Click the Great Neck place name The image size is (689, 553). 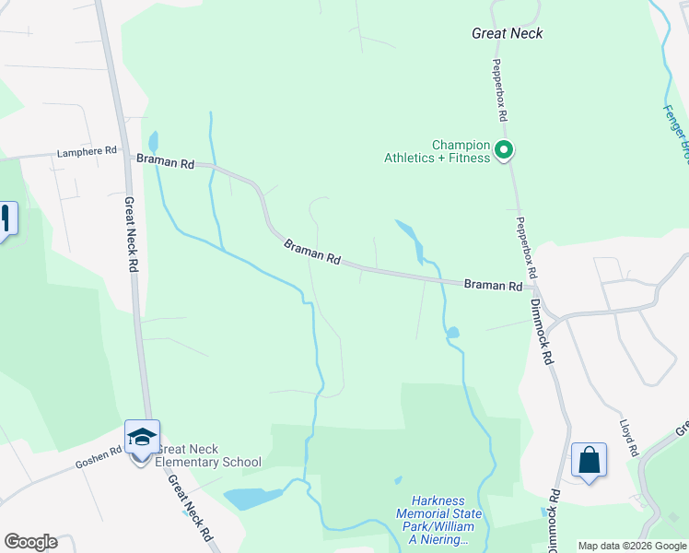[507, 33]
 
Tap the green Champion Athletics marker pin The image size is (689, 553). [504, 149]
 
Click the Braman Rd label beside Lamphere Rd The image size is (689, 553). [166, 162]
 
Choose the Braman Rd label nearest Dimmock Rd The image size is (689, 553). [493, 286]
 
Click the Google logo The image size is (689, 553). [30, 542]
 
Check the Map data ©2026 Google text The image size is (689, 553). [633, 546]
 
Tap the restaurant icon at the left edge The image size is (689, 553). [6, 219]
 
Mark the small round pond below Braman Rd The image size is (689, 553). [452, 332]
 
